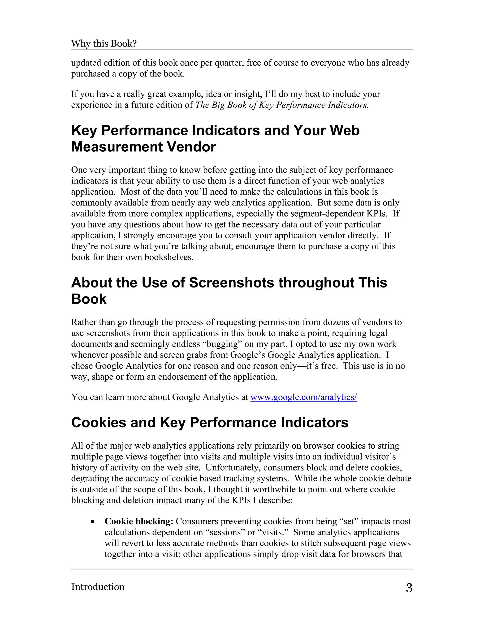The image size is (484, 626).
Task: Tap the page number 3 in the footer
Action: [x=409, y=588]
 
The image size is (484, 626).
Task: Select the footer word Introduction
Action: [x=98, y=587]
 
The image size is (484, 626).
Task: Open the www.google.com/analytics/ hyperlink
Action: [x=304, y=397]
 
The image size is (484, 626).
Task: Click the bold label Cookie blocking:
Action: [x=139, y=521]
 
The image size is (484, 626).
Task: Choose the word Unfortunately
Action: [x=233, y=467]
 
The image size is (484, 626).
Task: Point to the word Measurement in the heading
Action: [x=117, y=147]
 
